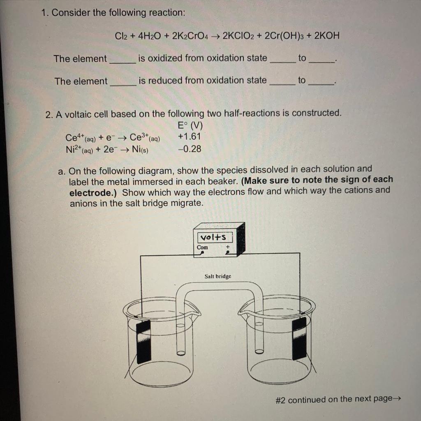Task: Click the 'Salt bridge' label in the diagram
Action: point(218,276)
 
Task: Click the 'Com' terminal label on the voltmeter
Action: point(202,248)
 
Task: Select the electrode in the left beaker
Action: point(143,341)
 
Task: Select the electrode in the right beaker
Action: point(299,338)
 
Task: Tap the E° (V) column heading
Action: point(190,125)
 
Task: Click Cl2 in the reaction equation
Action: point(122,36)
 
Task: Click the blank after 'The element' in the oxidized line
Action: point(122,60)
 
